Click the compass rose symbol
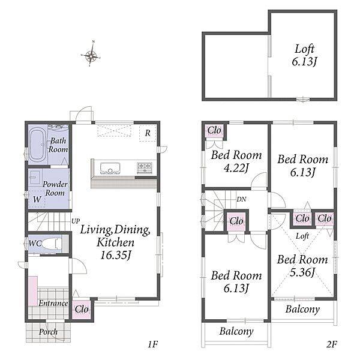click(91, 55)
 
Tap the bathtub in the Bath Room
click(38, 145)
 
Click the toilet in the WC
click(52, 244)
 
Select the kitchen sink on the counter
click(110, 168)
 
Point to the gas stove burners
click(145, 167)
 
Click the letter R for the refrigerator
click(148, 133)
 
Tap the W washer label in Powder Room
click(37, 199)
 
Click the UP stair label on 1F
click(76, 221)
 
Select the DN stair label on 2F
click(241, 199)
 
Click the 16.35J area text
click(115, 255)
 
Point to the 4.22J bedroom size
click(236, 169)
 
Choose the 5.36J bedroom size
click(302, 272)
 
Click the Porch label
click(48, 332)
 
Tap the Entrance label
click(53, 303)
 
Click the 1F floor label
click(152, 344)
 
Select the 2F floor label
click(331, 344)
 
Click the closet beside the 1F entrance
click(82, 309)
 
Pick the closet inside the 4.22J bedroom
click(214, 131)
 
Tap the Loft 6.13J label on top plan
click(304, 55)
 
